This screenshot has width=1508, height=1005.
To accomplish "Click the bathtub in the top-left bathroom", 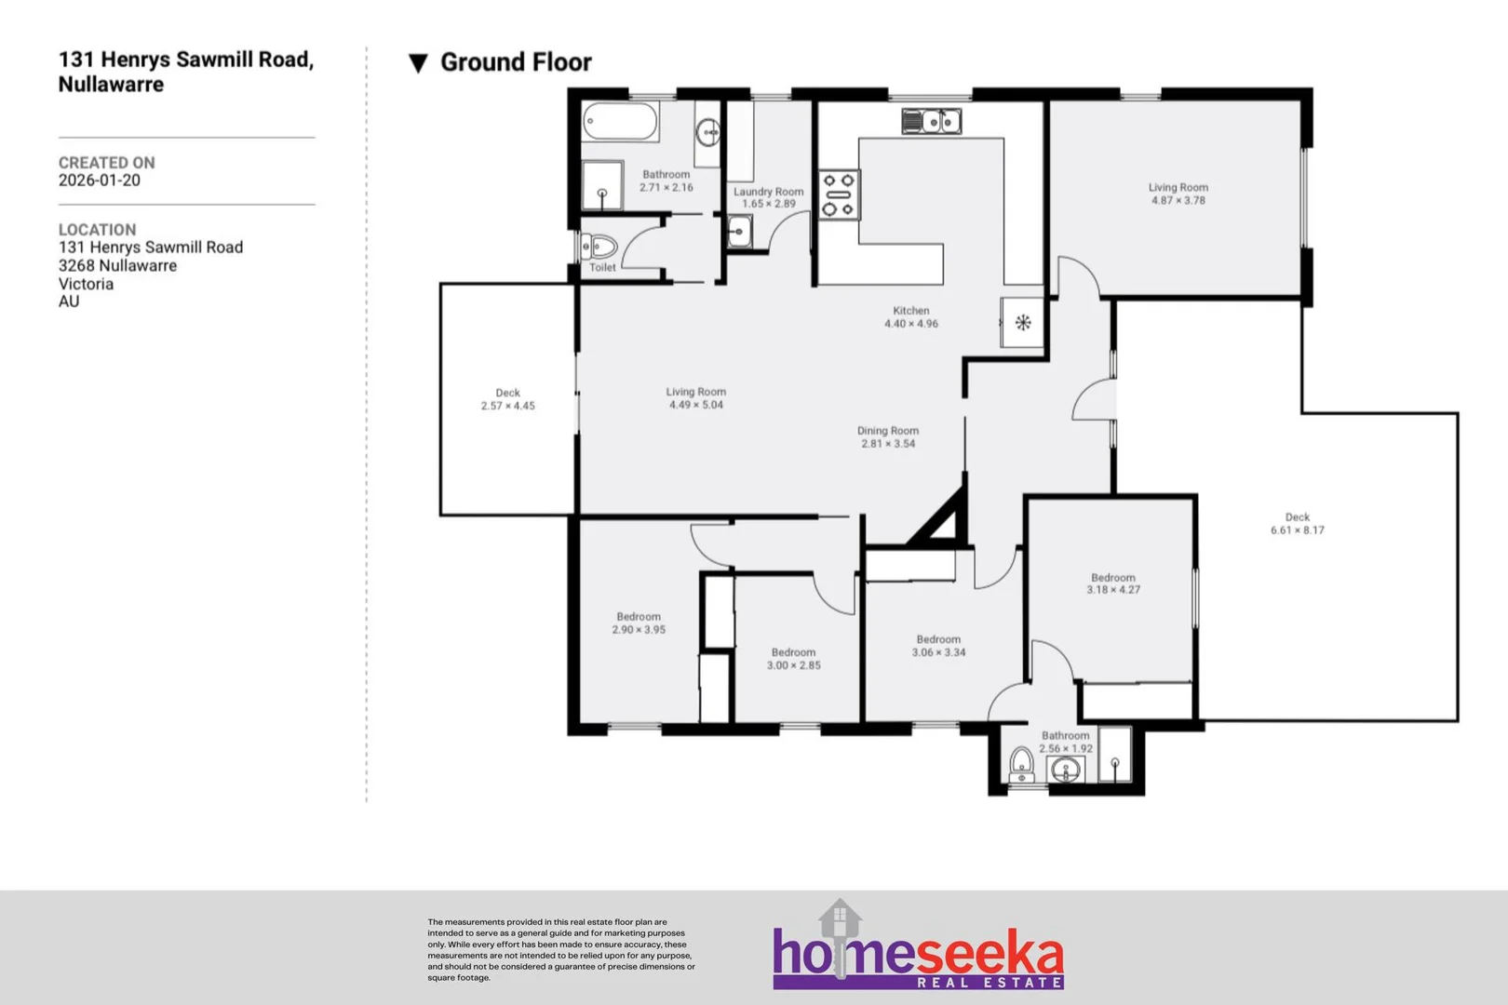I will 620,122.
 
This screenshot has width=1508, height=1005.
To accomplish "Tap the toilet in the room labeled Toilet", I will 601,248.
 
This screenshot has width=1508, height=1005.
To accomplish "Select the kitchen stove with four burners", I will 838,194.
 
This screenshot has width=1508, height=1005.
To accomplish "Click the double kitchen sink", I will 932,121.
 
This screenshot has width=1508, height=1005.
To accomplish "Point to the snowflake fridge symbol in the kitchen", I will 1023,323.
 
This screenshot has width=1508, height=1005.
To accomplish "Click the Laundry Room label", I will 768,192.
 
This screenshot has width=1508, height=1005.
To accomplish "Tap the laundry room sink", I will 739,231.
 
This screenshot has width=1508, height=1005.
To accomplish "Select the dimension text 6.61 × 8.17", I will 1297,530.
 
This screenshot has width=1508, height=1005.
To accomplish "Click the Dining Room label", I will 887,431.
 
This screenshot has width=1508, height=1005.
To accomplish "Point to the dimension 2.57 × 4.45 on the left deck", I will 507,406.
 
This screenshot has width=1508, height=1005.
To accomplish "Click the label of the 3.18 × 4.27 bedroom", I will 1112,577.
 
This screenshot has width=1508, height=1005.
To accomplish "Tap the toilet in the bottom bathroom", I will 1022,765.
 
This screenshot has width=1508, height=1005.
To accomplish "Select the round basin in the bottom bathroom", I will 1066,770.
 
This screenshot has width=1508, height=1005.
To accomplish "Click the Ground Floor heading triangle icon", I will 418,63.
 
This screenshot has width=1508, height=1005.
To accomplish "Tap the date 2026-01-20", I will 100,181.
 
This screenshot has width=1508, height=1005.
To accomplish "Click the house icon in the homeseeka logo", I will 840,919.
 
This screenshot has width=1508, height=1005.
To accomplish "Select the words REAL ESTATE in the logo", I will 990,983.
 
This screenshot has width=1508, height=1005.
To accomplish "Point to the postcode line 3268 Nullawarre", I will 117,265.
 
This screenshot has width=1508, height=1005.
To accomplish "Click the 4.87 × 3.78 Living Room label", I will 1178,187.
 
